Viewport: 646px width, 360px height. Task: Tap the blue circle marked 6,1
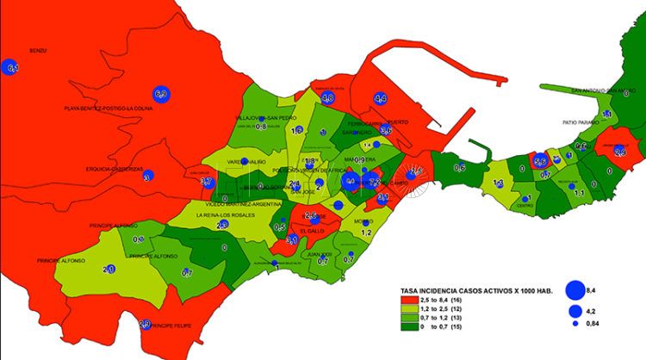11,68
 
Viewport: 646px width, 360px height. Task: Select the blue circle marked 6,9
160,93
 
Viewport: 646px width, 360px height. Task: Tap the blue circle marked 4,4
380,99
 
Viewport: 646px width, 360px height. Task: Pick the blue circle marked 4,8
327,98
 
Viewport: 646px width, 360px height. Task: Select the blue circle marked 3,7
207,182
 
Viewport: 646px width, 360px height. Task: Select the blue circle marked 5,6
540,160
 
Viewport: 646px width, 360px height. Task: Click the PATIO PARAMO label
581,123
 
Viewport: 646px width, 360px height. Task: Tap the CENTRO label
525,206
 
